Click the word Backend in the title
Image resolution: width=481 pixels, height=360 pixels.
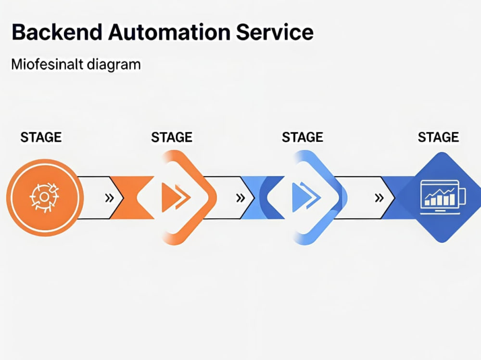(x=57, y=32)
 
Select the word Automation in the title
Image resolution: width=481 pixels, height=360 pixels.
(x=169, y=32)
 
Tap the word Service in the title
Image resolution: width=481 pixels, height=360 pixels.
(x=275, y=32)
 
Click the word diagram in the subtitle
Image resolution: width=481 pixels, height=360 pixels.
(x=114, y=65)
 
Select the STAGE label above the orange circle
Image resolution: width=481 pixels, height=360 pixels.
(x=41, y=137)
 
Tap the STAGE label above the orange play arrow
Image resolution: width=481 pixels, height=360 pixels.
(x=172, y=137)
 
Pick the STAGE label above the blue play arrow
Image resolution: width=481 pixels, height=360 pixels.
(x=303, y=137)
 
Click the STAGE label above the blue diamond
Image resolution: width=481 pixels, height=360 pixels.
(x=438, y=137)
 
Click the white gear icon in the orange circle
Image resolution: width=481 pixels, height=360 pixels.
(x=44, y=197)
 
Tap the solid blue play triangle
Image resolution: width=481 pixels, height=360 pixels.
(x=299, y=197)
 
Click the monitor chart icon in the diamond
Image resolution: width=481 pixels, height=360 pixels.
(x=443, y=197)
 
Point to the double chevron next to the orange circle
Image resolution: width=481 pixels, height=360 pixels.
(x=110, y=198)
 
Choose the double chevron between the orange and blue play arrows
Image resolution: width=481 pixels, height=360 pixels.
(x=240, y=198)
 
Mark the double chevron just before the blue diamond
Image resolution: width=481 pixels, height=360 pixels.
(x=379, y=198)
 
